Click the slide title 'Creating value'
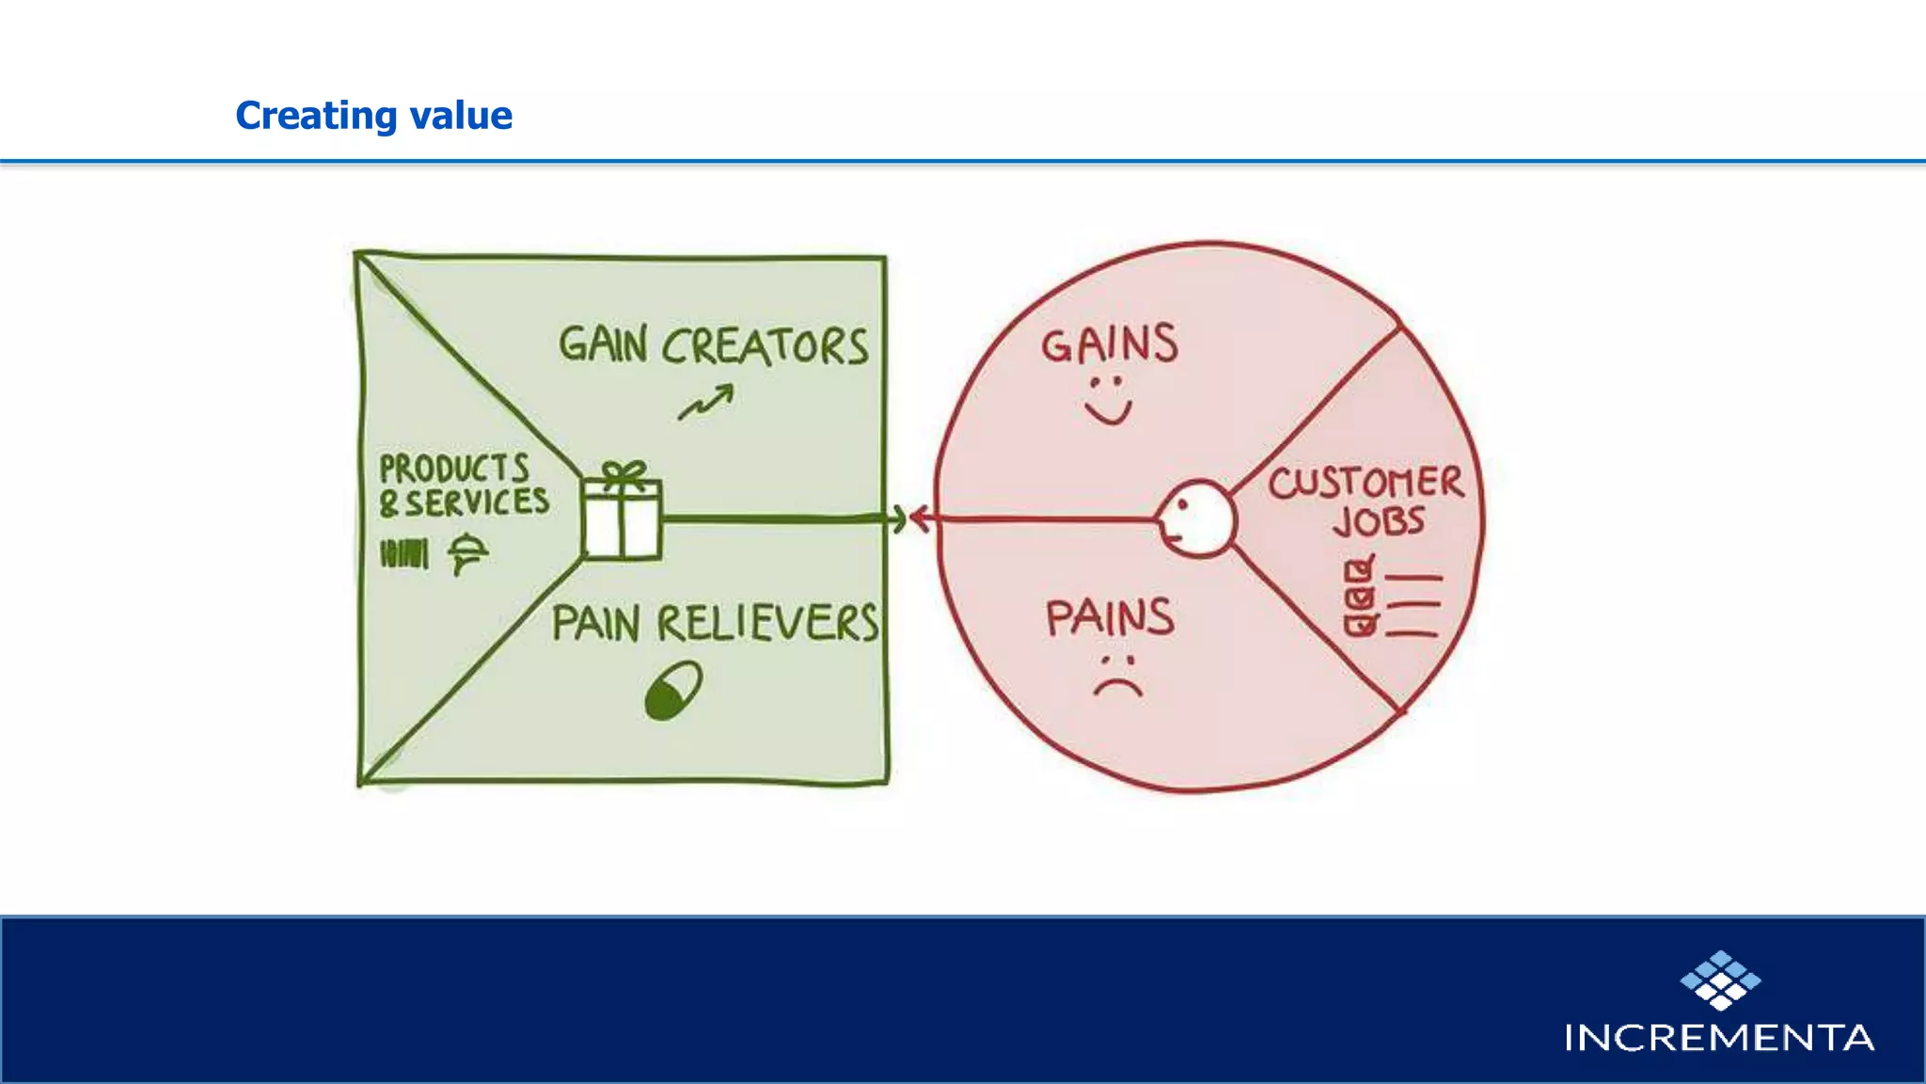point(373,116)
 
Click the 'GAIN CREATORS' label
point(713,345)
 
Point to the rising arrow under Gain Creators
point(706,403)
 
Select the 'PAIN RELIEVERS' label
point(715,623)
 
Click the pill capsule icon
point(673,691)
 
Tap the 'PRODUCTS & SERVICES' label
point(463,486)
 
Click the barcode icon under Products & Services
point(404,553)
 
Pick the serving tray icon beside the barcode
point(467,552)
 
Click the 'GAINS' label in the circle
point(1109,344)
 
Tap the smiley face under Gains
point(1108,400)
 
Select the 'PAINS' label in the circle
point(1110,618)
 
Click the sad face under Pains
point(1117,676)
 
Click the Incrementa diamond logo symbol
point(1720,980)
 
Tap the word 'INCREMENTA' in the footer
point(1719,1038)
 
